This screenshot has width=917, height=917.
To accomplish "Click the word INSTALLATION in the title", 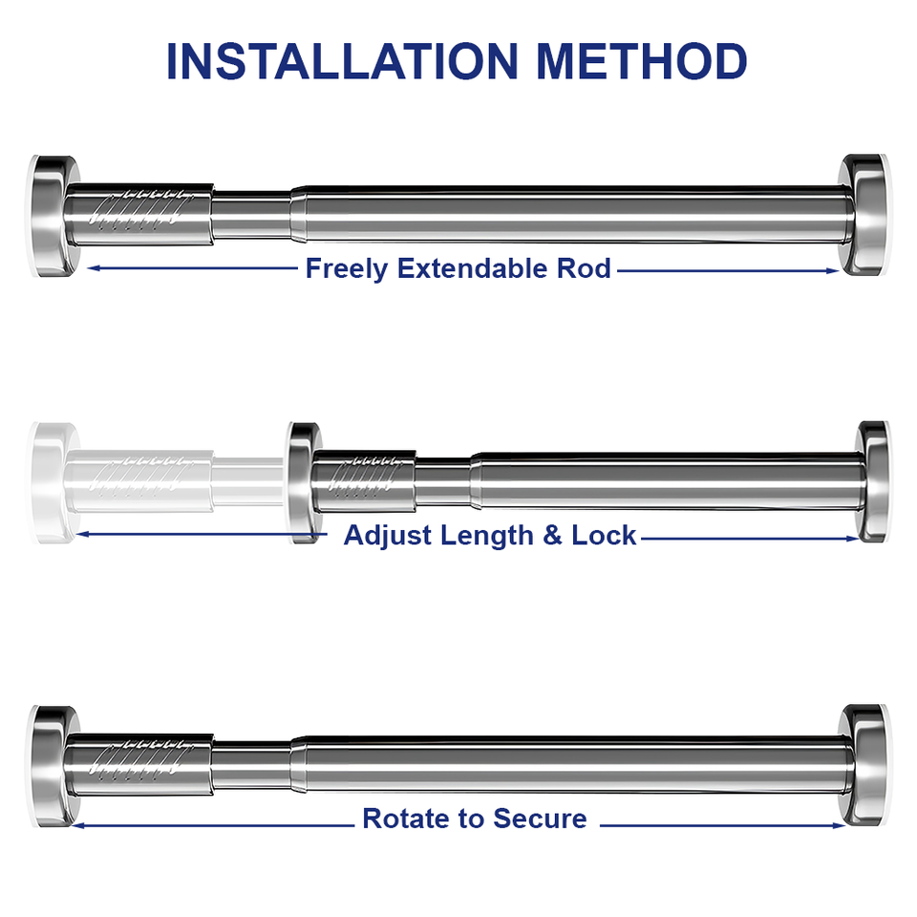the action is pos(343,61).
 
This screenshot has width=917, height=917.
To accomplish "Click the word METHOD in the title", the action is pos(642,61).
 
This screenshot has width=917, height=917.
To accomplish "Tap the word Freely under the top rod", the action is pos(346,269).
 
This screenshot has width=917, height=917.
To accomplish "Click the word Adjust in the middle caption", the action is pos(388,536).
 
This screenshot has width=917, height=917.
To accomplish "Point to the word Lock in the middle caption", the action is pos(604,535).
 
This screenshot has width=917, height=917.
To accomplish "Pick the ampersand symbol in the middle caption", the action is pos(552,536).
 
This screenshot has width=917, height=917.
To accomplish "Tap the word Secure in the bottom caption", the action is pos(539,819).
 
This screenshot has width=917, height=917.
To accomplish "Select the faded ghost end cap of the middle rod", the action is pos(53,483).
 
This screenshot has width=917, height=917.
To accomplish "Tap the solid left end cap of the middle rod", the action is pos(304,482).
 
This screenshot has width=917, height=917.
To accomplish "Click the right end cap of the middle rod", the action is pos(872,481).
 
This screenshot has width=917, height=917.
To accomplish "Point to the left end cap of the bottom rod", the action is pos(53,766).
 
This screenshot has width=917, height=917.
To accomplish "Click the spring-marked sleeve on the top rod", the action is pos(139,214).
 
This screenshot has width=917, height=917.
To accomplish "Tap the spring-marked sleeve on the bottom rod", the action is pos(139,765).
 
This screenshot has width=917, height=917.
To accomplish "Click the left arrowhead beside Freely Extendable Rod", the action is pos(94,267).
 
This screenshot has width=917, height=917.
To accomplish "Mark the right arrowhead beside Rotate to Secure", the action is pos(839,825).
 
